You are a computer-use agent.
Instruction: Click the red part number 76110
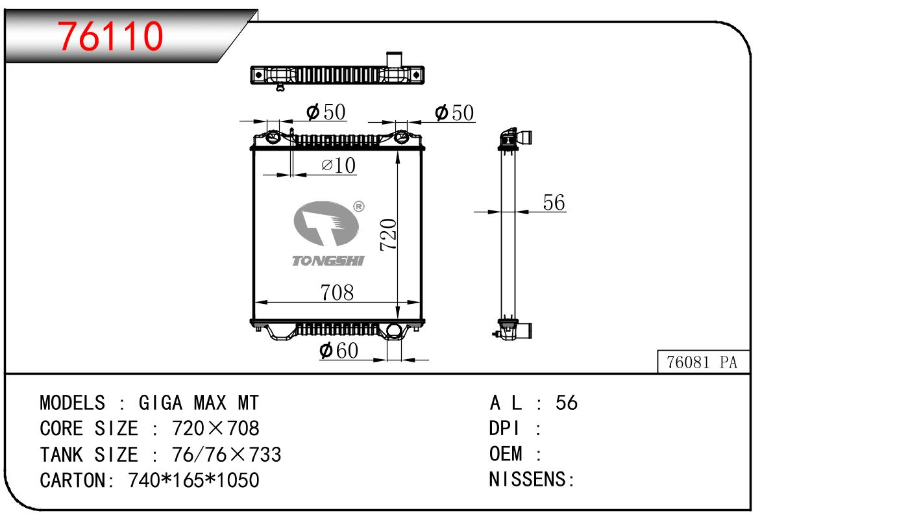(x=110, y=36)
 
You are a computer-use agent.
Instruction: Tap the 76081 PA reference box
(x=702, y=362)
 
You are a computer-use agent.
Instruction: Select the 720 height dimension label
(x=388, y=235)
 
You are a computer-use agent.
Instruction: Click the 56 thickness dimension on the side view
(x=554, y=203)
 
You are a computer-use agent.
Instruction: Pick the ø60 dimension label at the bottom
(x=339, y=351)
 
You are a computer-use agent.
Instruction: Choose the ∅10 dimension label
(x=339, y=166)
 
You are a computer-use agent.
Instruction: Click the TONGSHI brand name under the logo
(x=328, y=260)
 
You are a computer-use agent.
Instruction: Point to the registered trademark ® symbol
(x=358, y=207)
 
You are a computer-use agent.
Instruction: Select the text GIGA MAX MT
(x=199, y=403)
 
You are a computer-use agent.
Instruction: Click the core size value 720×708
(x=215, y=429)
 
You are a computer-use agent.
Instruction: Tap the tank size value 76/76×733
(x=227, y=455)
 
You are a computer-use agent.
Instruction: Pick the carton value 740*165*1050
(x=194, y=481)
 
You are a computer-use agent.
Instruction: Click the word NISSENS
(x=528, y=480)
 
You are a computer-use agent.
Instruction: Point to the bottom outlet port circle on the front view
(x=393, y=332)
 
